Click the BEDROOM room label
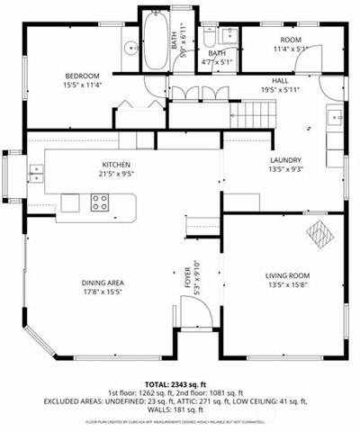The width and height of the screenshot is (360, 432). pos(81,76)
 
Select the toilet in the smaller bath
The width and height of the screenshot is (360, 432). pos(209,39)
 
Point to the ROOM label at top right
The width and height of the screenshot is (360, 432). pos(290,40)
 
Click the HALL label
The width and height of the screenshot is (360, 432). pos(280,80)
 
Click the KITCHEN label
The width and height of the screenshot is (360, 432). pos(116,165)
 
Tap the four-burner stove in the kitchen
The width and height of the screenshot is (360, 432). pos(99,202)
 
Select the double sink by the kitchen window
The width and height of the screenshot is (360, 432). pos(35,172)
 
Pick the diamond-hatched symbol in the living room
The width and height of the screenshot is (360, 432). pos(319,232)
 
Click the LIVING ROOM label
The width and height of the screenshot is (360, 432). pos(287,275)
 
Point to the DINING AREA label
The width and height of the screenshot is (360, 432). pos(103,283)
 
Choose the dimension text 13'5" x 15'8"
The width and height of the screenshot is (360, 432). pos(287,284)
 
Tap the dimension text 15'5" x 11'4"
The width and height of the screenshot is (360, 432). pos(81,85)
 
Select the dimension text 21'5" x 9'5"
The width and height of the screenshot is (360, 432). pos(116,174)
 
